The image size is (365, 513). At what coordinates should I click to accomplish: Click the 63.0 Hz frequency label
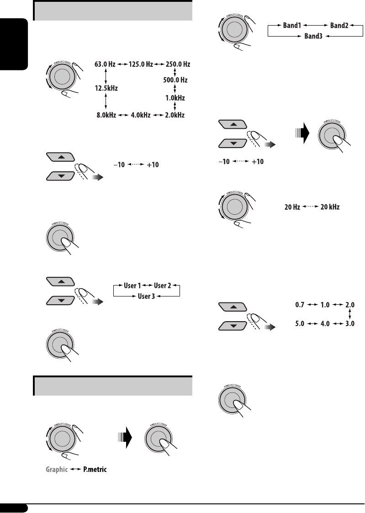point(106,64)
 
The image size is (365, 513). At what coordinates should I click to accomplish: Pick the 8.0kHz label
point(106,115)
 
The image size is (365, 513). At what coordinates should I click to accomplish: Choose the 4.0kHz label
point(141,115)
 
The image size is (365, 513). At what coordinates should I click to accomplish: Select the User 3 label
point(147,296)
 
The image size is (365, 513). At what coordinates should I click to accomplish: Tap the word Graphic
point(58,469)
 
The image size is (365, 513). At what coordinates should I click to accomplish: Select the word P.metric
point(95,469)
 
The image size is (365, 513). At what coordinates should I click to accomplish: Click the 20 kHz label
point(330,207)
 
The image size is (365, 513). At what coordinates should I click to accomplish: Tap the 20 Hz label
point(292,207)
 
